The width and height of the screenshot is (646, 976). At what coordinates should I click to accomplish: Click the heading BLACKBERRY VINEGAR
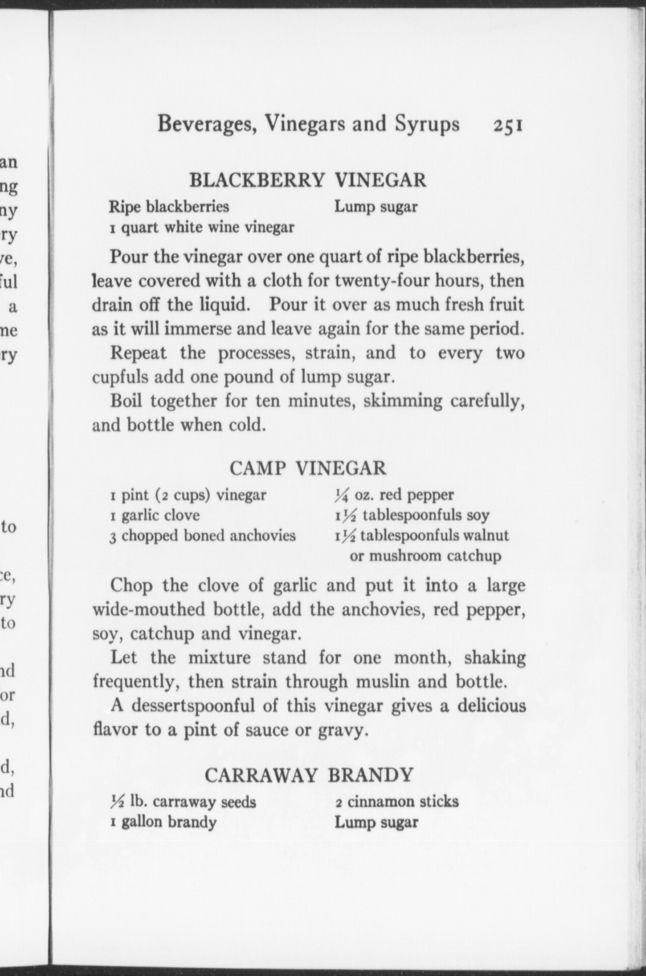[x=308, y=180]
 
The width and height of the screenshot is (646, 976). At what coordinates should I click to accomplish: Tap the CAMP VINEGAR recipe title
[x=308, y=468]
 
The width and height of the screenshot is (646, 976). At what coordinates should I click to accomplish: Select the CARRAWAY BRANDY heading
[x=309, y=775]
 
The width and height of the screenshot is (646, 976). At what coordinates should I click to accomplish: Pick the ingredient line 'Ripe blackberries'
[x=169, y=207]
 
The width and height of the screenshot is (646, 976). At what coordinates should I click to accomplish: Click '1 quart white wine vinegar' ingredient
[x=202, y=227]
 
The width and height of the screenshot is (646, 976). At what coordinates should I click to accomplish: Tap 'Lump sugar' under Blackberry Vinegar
[x=376, y=207]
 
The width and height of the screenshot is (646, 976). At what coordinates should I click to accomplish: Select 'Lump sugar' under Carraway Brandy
[x=376, y=822]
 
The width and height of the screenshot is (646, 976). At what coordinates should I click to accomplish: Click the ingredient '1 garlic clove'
[x=155, y=515]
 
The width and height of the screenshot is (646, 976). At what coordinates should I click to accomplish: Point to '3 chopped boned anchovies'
[x=203, y=535]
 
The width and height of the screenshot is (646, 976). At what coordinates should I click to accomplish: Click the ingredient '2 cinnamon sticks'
[x=397, y=802]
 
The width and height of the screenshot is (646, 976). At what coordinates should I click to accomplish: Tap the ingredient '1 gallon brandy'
[x=163, y=822]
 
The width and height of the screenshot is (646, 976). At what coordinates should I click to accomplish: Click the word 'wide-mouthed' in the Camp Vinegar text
[x=147, y=609]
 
